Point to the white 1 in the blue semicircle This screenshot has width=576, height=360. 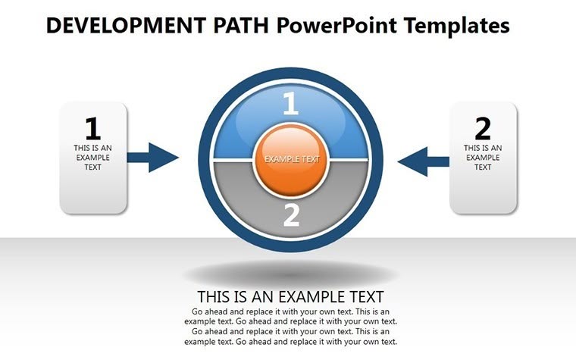[291, 105]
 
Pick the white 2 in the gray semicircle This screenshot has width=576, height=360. [292, 215]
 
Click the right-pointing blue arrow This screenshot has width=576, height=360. [153, 158]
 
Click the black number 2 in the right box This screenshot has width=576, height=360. [483, 127]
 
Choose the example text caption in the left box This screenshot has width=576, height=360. [92, 157]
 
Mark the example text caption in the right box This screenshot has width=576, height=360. [483, 157]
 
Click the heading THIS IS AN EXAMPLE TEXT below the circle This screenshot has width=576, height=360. [290, 296]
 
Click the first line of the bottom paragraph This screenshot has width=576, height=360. [291, 311]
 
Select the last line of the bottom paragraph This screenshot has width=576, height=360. [291, 342]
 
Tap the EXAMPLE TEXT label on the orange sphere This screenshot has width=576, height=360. [292, 160]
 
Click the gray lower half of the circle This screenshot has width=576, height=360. [243, 197]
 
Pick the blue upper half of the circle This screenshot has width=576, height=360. [243, 129]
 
